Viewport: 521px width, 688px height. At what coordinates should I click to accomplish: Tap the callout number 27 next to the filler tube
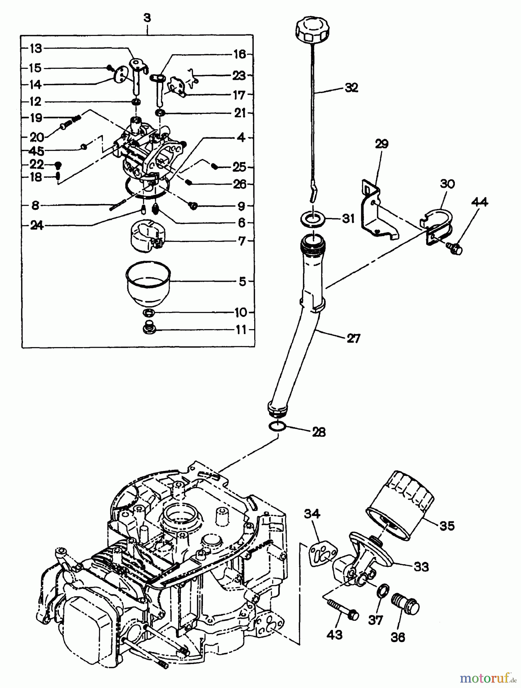click(x=352, y=338)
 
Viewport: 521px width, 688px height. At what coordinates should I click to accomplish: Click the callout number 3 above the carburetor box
click(x=148, y=18)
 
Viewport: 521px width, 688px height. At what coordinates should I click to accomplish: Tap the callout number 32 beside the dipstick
click(x=351, y=88)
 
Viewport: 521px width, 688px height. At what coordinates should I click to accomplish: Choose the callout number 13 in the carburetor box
click(x=36, y=48)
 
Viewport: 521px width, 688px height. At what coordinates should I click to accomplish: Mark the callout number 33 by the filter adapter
click(x=421, y=566)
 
